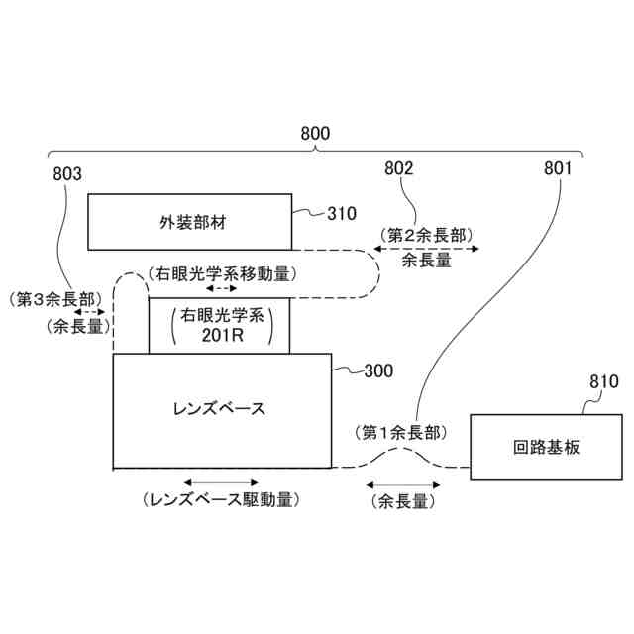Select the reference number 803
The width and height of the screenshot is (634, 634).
66,173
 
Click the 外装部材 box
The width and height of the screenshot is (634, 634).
189,222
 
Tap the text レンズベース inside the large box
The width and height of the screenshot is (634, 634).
221,408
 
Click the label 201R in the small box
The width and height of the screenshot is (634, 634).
220,336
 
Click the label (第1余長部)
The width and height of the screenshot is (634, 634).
399,432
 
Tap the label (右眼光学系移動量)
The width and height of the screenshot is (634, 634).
222,271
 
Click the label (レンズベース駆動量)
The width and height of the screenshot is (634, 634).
221,500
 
